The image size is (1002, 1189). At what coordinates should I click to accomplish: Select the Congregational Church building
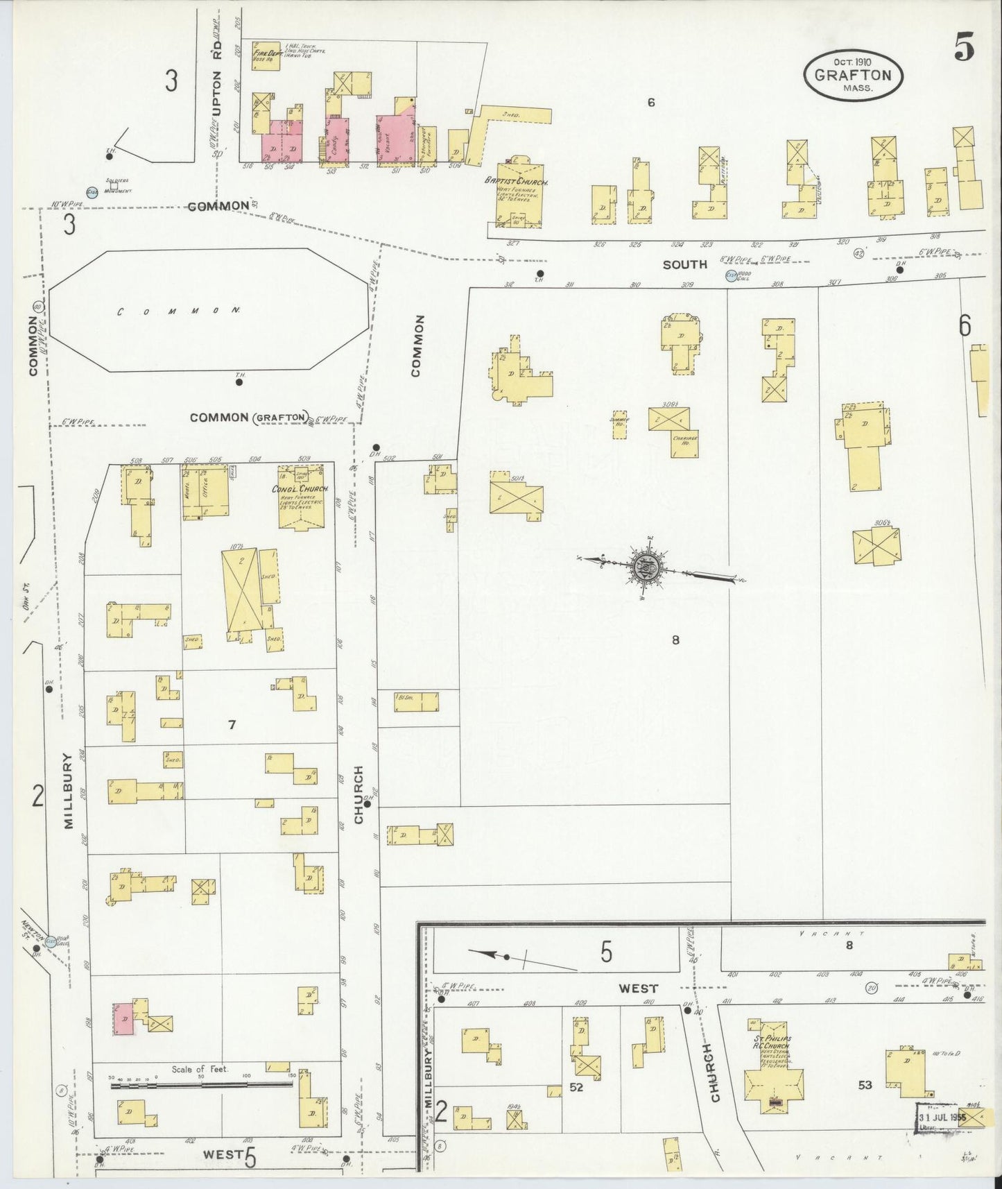[x=302, y=497]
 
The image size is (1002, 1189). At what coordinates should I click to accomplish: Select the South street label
[x=684, y=264]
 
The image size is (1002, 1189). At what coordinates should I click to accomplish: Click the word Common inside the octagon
[x=179, y=311]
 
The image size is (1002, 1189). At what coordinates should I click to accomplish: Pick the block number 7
[x=232, y=725]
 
